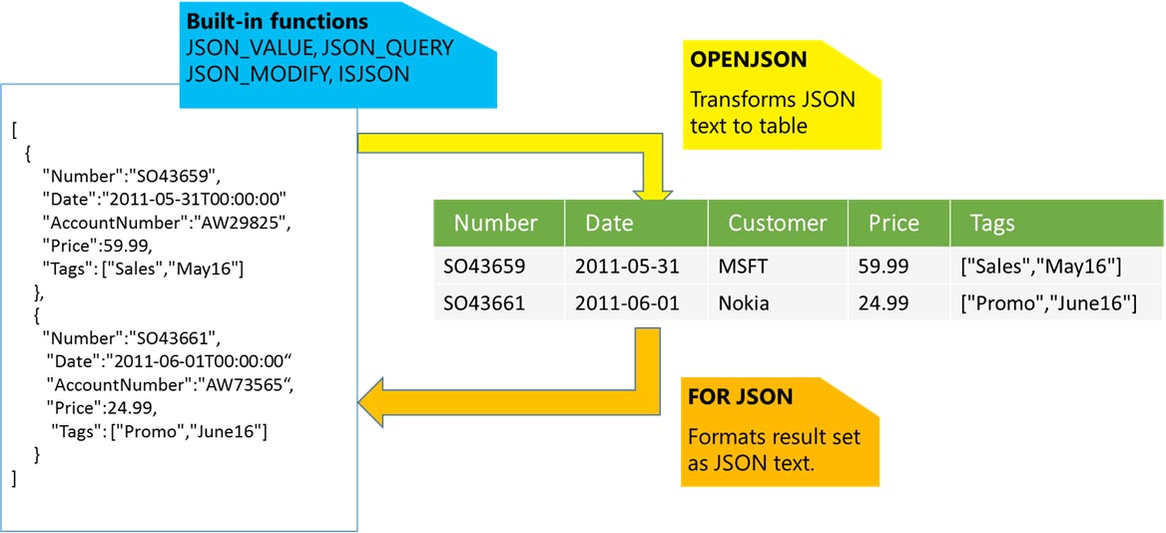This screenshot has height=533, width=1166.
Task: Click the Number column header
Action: click(495, 223)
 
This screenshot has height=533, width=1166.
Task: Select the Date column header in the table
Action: click(609, 223)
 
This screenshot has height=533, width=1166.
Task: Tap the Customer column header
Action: click(777, 223)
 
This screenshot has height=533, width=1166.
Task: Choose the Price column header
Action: click(893, 223)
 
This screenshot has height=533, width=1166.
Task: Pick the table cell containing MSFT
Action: click(745, 266)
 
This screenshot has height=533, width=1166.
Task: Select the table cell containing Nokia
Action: click(744, 303)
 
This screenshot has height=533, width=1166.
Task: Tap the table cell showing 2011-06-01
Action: click(627, 303)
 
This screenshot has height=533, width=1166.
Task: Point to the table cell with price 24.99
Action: click(883, 303)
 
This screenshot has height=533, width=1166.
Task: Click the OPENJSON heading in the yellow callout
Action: click(749, 60)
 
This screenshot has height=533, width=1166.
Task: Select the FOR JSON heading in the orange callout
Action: click(741, 397)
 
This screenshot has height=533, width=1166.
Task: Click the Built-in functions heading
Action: click(277, 21)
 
